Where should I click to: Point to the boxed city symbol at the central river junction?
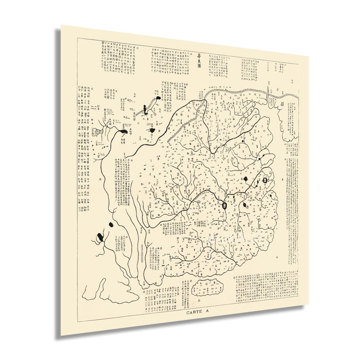click(225, 205)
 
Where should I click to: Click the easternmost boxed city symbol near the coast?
click(265, 180)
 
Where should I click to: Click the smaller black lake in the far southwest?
click(111, 224)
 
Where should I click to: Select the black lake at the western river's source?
click(123, 132)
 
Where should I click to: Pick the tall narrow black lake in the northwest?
click(145, 108)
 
